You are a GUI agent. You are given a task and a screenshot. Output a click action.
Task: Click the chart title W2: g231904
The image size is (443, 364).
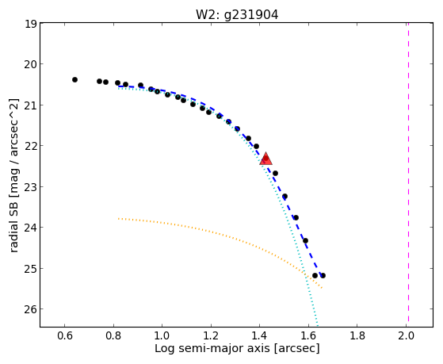(x=237, y=14)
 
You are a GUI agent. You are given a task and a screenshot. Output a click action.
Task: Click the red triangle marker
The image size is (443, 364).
(x=265, y=159)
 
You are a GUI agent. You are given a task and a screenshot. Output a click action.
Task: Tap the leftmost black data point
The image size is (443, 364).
(x=74, y=80)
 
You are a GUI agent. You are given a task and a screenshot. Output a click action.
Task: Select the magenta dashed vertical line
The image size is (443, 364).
(x=409, y=172)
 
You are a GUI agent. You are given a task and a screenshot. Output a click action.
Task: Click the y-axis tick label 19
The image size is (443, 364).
(x=31, y=24)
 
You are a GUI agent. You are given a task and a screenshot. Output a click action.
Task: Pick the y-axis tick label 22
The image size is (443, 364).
(x=31, y=146)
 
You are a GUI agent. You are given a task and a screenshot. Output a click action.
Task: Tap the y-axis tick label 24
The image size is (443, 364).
(x=31, y=228)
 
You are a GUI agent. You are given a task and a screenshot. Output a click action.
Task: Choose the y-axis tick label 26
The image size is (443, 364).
(x=31, y=309)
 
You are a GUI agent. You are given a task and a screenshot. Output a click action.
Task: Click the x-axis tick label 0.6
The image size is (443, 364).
(x=65, y=335)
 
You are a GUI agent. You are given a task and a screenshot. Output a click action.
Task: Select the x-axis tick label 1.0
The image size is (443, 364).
(x=162, y=335)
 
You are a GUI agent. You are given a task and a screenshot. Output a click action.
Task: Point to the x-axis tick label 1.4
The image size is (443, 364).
(x=260, y=335)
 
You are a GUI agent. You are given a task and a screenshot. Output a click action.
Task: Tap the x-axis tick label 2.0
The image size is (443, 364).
(x=406, y=335)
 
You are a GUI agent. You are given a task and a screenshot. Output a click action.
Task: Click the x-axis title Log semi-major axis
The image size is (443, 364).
(x=212, y=348)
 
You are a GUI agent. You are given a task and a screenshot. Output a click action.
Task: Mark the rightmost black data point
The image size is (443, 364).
(x=323, y=275)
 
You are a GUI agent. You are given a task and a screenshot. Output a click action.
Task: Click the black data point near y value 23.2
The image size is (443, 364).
(x=285, y=197)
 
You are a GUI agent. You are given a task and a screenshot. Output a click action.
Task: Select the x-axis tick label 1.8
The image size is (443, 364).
(x=357, y=335)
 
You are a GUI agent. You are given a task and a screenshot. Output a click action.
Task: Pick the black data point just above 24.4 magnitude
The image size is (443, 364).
(x=305, y=241)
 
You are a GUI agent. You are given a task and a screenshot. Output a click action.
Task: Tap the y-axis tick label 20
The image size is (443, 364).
(x=31, y=64)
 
